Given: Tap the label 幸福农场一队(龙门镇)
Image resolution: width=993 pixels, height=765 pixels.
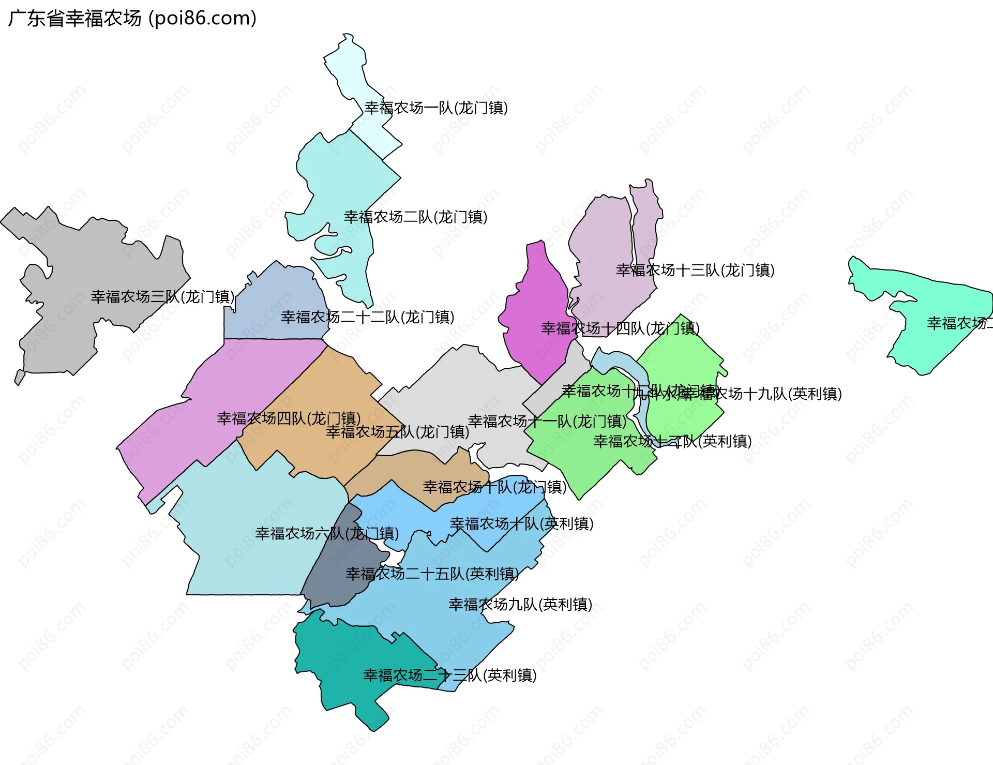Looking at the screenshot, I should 435,108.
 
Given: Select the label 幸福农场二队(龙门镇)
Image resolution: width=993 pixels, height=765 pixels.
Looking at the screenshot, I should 415,217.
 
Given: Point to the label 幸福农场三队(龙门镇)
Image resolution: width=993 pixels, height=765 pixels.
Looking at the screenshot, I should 162,297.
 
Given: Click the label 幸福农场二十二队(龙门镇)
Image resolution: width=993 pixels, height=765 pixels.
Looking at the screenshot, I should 367,317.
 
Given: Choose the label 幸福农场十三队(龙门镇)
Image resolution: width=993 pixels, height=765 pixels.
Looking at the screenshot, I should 695,271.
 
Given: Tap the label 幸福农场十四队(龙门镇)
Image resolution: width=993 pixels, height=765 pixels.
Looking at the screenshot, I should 620,328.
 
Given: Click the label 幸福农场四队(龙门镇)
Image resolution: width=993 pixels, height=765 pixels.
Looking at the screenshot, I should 289,418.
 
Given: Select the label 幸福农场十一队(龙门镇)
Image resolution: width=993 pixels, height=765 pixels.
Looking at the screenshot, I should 547,422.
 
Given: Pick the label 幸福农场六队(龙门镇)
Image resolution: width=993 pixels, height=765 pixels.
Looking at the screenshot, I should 326,533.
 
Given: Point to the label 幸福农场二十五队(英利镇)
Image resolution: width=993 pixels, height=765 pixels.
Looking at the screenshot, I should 432,574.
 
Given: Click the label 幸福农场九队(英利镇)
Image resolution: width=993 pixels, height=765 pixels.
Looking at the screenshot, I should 520,605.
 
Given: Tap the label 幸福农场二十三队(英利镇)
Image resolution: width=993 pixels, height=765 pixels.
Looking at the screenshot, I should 449,676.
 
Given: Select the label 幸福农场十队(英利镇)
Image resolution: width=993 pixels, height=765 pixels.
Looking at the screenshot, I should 521,524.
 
